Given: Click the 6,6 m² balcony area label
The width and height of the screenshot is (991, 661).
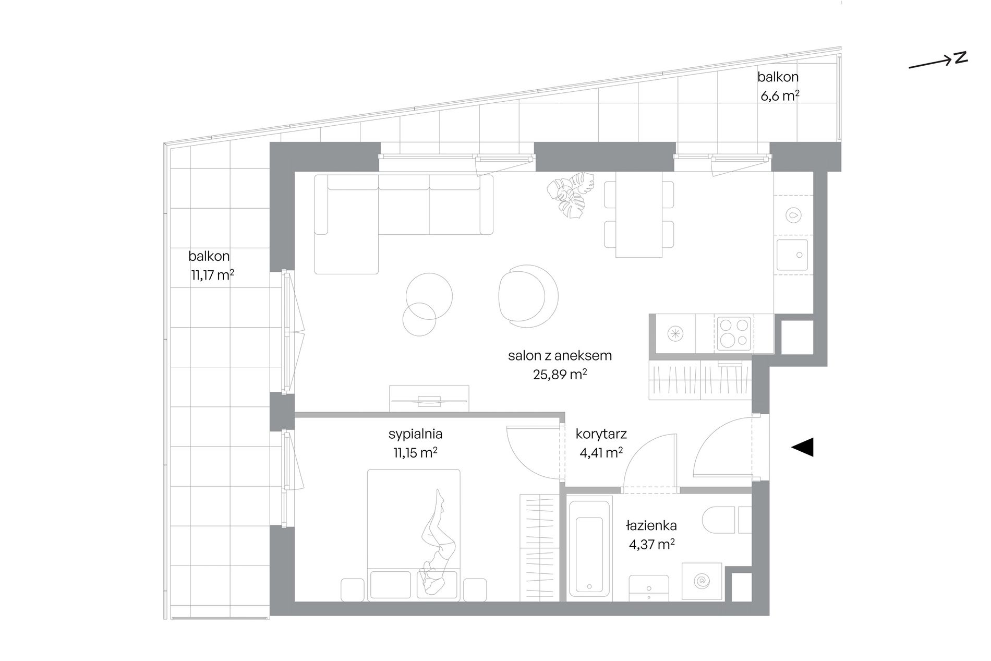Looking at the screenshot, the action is click(779, 96).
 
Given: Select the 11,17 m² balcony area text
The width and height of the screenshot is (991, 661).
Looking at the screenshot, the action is click(212, 275).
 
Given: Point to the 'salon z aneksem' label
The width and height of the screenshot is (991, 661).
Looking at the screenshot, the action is click(560, 356).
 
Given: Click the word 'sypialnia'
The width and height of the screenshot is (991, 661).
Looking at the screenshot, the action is click(416, 434).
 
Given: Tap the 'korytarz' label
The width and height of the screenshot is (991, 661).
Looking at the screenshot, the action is click(601, 434).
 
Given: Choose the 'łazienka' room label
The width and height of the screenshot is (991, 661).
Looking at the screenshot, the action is click(651, 525).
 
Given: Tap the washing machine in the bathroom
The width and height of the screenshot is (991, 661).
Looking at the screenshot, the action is click(702, 580).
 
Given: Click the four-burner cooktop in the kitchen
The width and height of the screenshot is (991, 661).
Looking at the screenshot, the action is click(734, 334).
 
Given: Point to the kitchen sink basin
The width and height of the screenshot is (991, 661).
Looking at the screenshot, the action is click(792, 255).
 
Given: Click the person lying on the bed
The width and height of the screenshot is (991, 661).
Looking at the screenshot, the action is click(438, 543).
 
